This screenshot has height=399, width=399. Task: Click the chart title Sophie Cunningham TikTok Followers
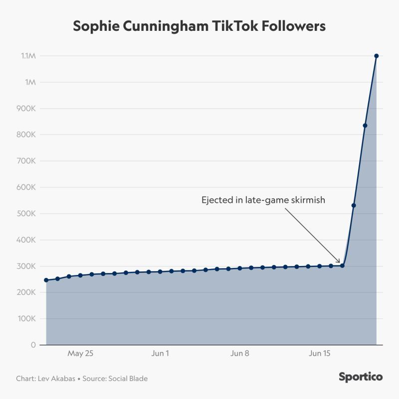[x=199, y=26]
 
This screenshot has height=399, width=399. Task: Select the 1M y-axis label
[x=31, y=82]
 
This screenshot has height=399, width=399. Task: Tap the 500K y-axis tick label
[x=27, y=214]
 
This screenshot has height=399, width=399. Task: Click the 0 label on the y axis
[x=33, y=345]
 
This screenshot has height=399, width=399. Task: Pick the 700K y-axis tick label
[x=27, y=161]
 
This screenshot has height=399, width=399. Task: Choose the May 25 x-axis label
[x=80, y=354]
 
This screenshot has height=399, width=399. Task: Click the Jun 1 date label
[x=160, y=354]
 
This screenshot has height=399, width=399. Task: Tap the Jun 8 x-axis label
[x=240, y=354]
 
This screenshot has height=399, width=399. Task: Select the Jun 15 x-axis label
[x=320, y=354]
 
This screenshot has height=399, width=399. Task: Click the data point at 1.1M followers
[x=377, y=56]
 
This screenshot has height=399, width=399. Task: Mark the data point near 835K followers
[x=365, y=126]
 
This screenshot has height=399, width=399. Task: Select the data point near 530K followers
[x=354, y=205]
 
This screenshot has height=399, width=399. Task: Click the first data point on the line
[x=46, y=280]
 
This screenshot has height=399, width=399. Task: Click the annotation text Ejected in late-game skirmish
[x=263, y=200]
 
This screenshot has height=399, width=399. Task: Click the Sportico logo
[x=361, y=377]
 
